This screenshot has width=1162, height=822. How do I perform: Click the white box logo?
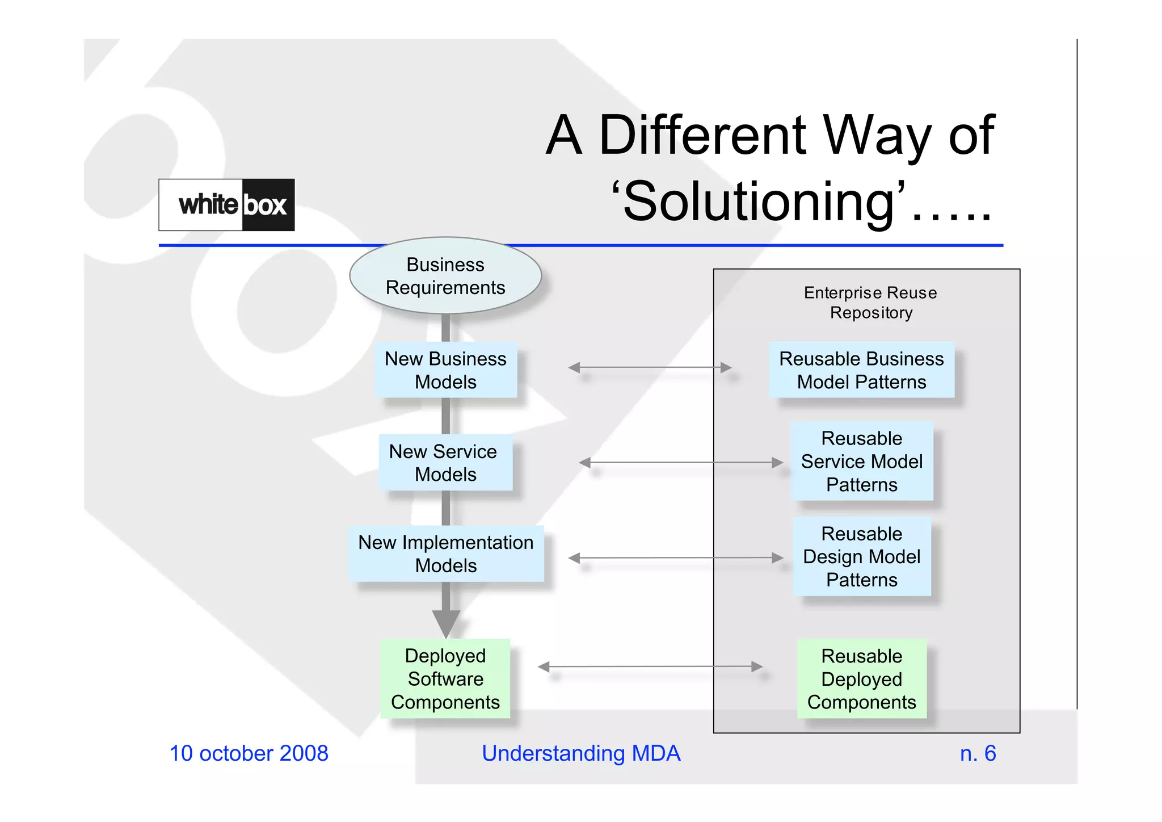coord(226,205)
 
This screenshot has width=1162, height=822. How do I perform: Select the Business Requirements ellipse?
coord(445,276)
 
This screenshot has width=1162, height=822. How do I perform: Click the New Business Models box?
coord(445,370)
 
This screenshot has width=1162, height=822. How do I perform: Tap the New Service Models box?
coord(445,463)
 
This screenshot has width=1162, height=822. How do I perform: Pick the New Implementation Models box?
coord(446,553)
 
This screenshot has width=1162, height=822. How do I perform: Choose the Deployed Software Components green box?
coord(445,679)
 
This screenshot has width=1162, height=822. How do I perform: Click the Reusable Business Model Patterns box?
coord(861,370)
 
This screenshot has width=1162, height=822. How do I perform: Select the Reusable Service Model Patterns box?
coord(861,462)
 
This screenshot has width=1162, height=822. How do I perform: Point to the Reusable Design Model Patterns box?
coord(861,557)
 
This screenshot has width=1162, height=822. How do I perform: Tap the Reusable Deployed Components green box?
coord(861,679)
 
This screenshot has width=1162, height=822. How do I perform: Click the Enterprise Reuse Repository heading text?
coord(870,303)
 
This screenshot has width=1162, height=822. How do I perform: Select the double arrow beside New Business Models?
coord(650,368)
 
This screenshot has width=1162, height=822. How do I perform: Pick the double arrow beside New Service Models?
coord(681,463)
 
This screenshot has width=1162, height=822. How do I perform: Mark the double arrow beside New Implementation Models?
coord(675,558)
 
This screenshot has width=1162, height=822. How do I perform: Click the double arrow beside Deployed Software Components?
coord(650,666)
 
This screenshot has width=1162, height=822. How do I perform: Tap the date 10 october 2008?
coord(249,753)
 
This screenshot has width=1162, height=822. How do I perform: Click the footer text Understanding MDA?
coord(581,753)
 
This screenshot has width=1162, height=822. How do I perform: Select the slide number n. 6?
coord(978,753)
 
